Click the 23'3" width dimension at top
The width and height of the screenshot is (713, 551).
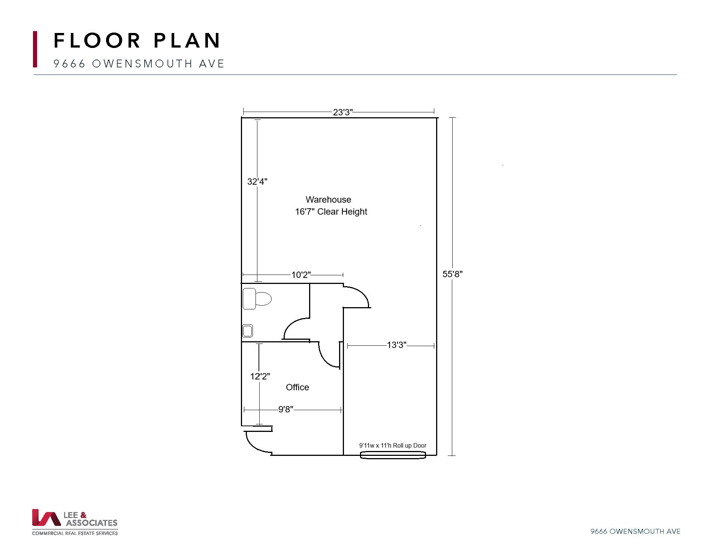coord(342,112)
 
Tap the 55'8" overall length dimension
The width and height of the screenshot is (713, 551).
coord(452,274)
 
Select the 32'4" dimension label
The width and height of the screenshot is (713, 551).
coord(257,182)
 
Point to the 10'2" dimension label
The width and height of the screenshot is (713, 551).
coord(301,275)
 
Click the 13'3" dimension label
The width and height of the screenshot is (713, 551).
coord(396,345)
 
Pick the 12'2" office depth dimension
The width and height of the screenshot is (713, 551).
coord(260,376)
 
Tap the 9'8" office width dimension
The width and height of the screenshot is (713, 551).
coord(285,409)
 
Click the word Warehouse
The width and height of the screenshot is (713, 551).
coord(328,200)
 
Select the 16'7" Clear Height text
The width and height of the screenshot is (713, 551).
coord(331,212)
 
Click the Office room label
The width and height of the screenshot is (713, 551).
coord(297,387)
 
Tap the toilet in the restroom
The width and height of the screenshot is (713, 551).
coord(257,299)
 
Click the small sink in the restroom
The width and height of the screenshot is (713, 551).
coord(247,331)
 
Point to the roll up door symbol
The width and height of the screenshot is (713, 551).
coord(393,455)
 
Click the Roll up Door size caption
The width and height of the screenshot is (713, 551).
coord(393,445)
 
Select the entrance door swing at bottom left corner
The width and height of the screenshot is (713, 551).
coord(257,443)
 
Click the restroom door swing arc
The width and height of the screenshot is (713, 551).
coord(295,328)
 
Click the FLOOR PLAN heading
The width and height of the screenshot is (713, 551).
coord(137,40)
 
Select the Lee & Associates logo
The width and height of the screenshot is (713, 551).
coord(75,522)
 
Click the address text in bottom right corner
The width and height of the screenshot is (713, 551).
coord(635,531)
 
